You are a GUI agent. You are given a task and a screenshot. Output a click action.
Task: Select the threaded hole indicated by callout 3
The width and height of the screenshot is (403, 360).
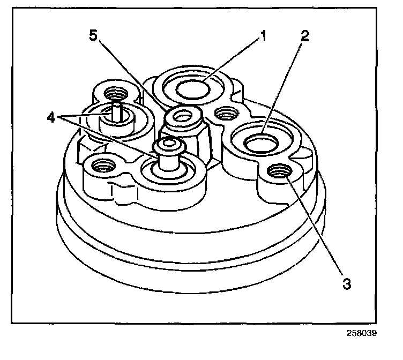point(279,171)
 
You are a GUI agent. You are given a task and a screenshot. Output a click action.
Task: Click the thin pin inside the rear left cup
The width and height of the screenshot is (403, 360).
point(117,111)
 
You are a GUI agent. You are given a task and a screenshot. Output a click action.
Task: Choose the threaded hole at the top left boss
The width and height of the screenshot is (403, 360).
point(114,92)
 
